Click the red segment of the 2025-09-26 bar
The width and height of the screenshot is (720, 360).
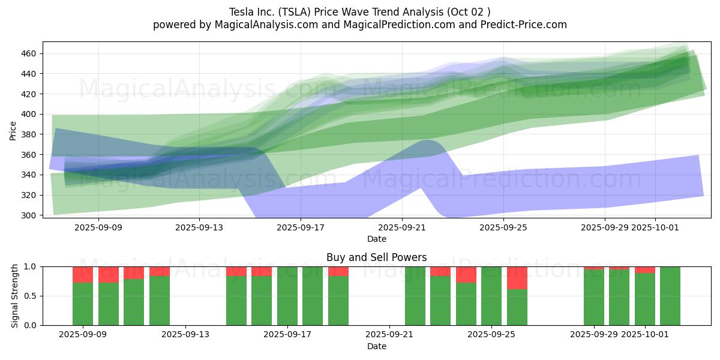pyautogui.click(x=517, y=278)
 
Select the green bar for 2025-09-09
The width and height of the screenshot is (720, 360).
pyautogui.click(x=83, y=304)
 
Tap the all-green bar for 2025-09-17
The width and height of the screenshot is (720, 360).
pyautogui.click(x=287, y=296)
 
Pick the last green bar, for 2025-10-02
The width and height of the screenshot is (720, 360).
pyautogui.click(x=670, y=296)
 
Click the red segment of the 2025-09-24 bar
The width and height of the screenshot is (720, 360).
pyautogui.click(x=466, y=274)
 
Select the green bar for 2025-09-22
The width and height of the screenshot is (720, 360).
pyautogui.click(x=415, y=296)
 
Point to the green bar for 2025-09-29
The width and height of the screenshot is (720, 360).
pyautogui.click(x=594, y=298)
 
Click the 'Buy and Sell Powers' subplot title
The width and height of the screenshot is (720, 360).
pyautogui.click(x=377, y=257)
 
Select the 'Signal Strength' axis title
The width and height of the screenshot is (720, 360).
pyautogui.click(x=15, y=296)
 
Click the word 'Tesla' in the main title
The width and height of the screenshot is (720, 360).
pyautogui.click(x=241, y=12)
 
